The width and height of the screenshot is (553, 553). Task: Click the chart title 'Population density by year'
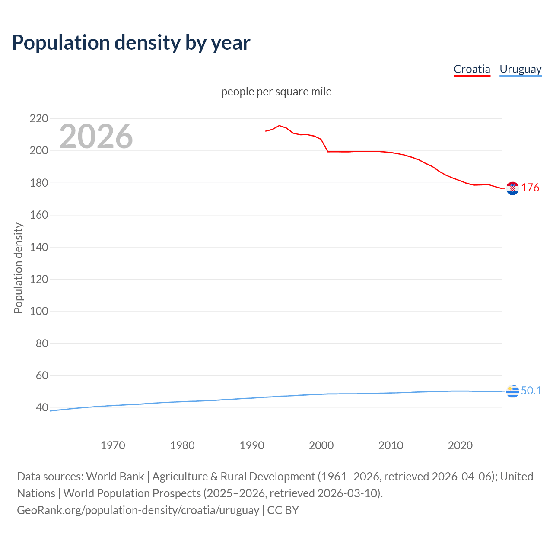pos(131,43)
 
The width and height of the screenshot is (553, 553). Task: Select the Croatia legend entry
pos(472,69)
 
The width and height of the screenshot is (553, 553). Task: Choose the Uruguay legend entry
pos(520,69)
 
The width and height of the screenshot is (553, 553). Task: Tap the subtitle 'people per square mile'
pos(276,92)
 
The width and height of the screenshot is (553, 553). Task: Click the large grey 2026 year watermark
pos(96,137)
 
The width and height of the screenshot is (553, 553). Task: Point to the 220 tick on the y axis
pos(39,118)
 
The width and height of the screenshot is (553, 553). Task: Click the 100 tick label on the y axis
pos(39,311)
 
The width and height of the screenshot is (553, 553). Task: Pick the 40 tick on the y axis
pos(41,407)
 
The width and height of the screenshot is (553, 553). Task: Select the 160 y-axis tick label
pos(39,215)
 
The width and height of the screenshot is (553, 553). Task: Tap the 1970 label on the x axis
pos(113,445)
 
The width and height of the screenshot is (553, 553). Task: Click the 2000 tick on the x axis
pos(321,445)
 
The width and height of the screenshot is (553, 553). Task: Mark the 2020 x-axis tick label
pos(460,445)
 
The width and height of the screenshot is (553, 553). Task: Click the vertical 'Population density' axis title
pos(18,268)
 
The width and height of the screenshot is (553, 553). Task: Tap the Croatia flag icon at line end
pos(512,188)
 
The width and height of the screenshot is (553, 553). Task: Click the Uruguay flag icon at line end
pos(512,391)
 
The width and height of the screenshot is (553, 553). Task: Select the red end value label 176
pos(530,188)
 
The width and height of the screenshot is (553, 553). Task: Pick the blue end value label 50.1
pos(531,391)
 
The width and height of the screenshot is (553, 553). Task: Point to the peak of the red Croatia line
pos(279,125)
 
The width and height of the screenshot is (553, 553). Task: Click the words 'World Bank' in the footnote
pos(115,476)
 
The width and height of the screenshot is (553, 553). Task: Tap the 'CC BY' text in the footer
pos(283,510)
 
